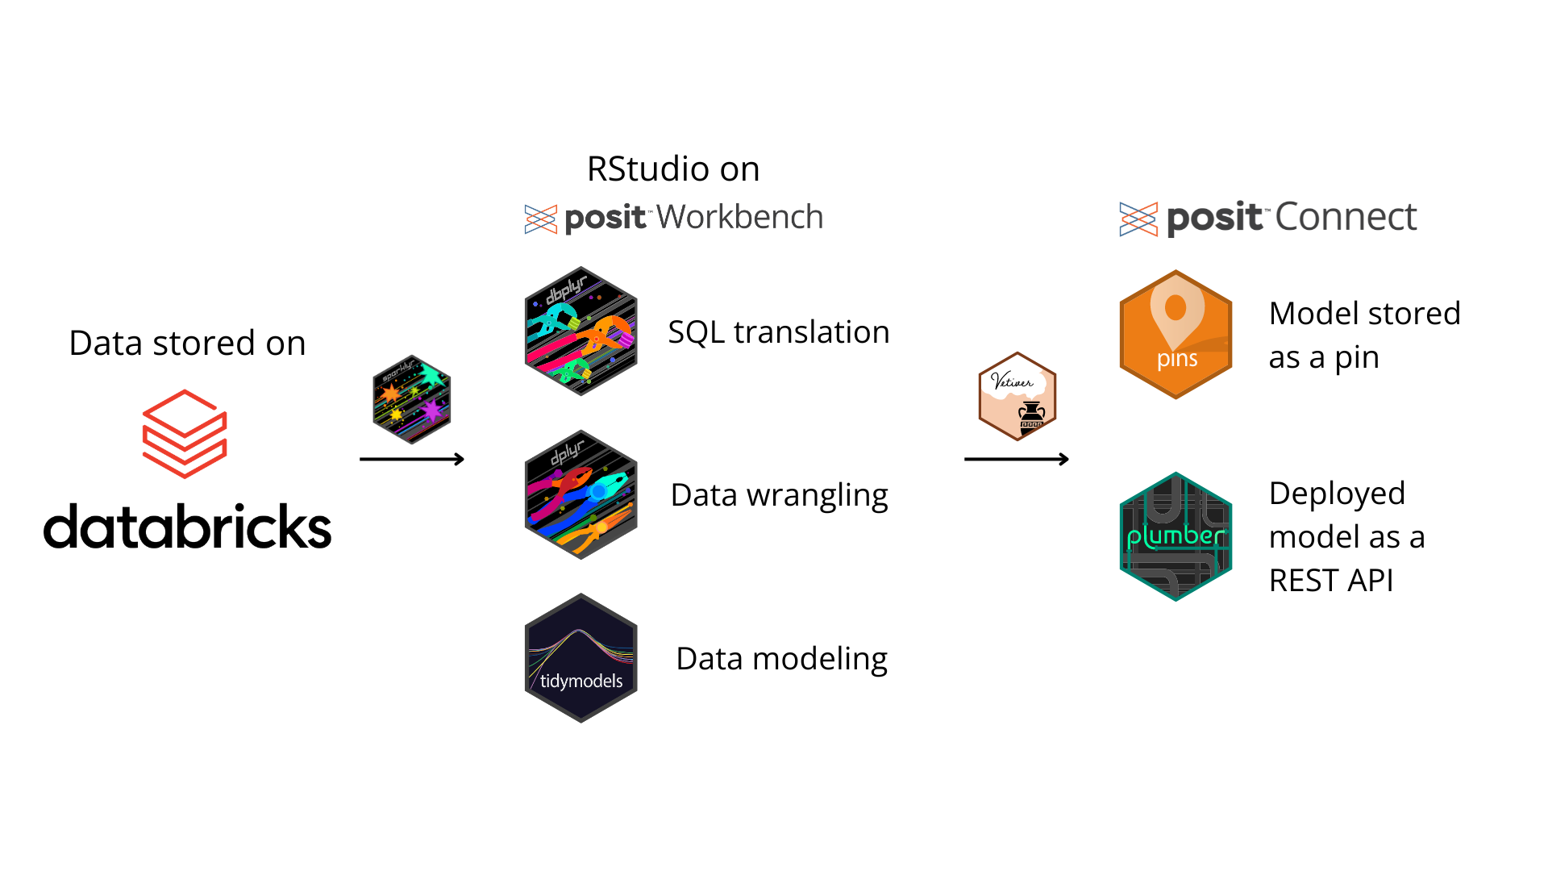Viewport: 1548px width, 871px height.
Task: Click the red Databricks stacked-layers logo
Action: (185, 434)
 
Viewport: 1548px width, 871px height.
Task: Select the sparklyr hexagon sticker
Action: (412, 399)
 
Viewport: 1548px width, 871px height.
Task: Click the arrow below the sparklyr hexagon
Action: (412, 459)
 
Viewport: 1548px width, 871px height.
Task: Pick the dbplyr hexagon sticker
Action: (581, 331)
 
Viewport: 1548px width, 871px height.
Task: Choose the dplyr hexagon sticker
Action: (581, 494)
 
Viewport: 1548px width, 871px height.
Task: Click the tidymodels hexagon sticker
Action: (581, 658)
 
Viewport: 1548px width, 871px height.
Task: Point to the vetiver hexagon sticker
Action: (1017, 397)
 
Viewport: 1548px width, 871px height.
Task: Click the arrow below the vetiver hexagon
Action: (1017, 459)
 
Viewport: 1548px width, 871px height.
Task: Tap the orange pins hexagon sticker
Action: (1176, 335)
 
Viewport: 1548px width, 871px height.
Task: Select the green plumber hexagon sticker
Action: (1176, 536)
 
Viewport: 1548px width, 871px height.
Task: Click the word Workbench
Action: (739, 217)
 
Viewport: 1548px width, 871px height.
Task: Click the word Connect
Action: (1346, 217)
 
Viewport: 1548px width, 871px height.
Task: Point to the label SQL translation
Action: (779, 332)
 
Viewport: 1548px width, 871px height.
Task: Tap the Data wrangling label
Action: (779, 495)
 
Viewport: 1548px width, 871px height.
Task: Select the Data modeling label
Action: (781, 659)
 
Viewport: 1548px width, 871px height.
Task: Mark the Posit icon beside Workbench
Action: (541, 219)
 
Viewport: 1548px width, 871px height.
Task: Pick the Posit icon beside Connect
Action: (1138, 219)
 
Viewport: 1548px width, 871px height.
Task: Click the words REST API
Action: (1331, 581)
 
